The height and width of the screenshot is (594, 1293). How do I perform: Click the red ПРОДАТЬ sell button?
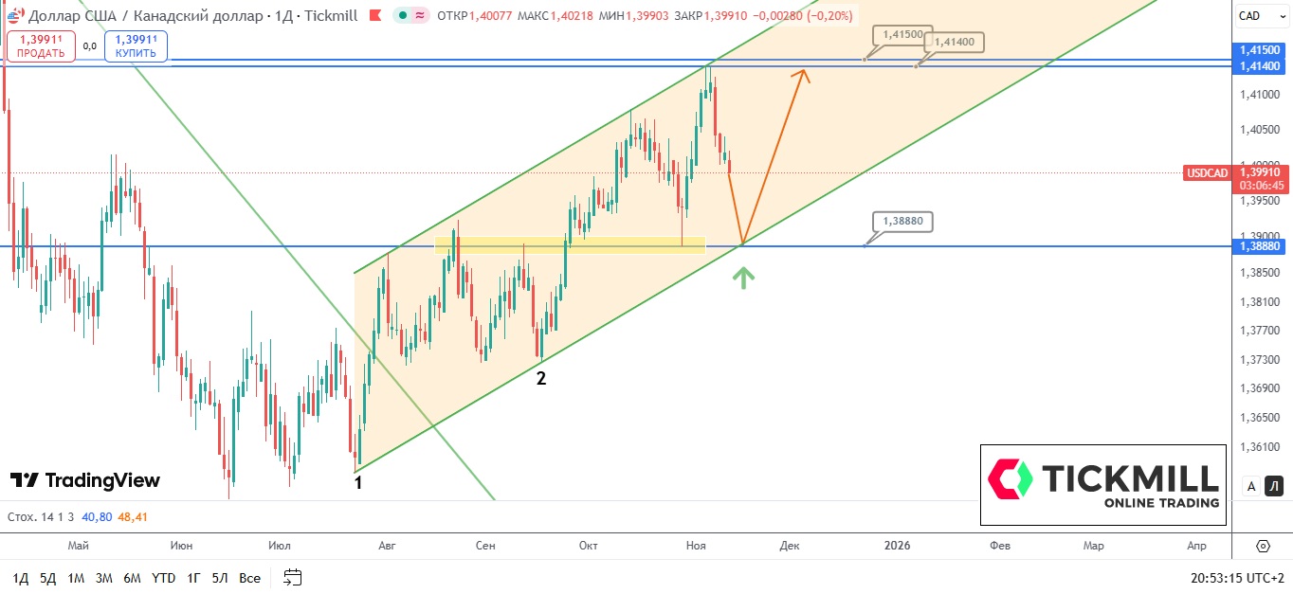[x=41, y=46]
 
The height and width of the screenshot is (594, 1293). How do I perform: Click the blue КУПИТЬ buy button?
[x=136, y=46]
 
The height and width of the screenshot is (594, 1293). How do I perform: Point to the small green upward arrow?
[x=744, y=278]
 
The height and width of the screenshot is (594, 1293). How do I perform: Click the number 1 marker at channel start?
[x=358, y=483]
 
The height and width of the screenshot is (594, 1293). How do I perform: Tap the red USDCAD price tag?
[x=1207, y=172]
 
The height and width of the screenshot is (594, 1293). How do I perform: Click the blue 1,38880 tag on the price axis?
[x=1260, y=246]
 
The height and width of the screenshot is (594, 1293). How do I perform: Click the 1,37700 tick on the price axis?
[x=1260, y=331]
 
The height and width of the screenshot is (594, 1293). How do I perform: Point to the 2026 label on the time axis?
[x=897, y=546]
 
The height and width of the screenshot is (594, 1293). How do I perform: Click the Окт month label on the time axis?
[x=588, y=546]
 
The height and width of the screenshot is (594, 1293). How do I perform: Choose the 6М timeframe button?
[x=132, y=578]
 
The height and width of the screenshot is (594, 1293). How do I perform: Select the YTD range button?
[x=164, y=578]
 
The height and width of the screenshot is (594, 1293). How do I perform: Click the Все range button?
[x=249, y=578]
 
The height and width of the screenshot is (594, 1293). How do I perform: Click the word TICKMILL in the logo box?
[x=1129, y=477]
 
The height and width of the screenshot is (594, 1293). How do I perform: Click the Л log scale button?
[x=1275, y=486]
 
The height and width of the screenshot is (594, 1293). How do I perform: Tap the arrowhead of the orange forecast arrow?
[x=803, y=74]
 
